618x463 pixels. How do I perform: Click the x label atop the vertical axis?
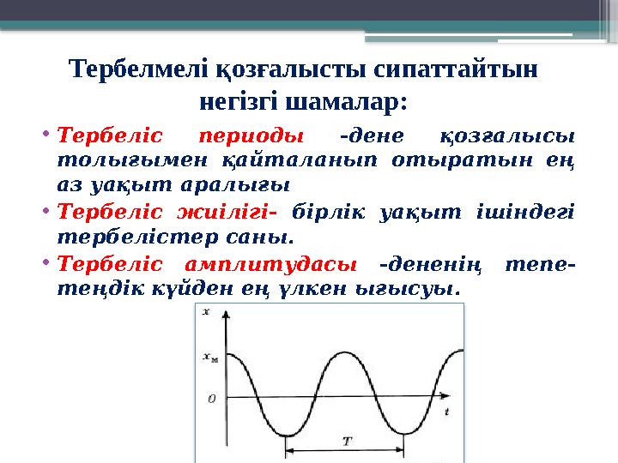(x=207, y=313)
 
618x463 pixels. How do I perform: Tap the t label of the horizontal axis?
(x=447, y=412)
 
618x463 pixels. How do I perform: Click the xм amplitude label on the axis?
(x=209, y=359)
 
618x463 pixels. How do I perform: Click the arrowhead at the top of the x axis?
(x=225, y=314)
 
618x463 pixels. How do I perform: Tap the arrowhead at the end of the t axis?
(x=455, y=400)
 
